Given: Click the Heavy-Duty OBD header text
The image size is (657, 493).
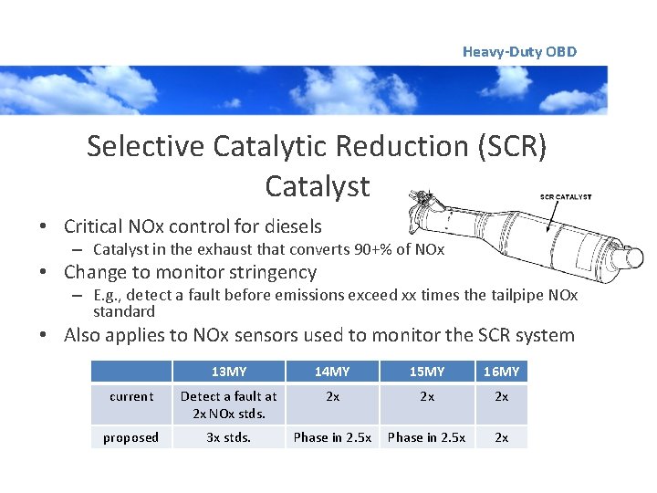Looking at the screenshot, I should point(519,52).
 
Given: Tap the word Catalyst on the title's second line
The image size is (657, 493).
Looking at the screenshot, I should point(317,186).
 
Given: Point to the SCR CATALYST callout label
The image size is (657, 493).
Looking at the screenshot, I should point(565,196).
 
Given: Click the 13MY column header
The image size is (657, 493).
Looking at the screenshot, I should point(228,372).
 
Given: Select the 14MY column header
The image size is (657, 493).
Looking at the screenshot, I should point(332,372).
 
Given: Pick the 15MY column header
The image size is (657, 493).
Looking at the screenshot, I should point(426,372).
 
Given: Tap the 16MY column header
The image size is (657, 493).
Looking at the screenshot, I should point(501,372).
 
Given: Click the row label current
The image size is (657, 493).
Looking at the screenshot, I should point(130,397).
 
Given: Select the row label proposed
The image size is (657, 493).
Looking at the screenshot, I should point(130,437).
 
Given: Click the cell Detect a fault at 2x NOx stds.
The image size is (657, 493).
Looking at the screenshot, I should point(228,404).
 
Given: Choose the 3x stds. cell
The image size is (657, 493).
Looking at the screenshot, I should point(228,437).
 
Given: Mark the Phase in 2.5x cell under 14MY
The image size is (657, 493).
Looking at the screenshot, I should point(332,437).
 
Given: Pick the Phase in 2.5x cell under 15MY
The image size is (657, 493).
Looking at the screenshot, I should point(426,437).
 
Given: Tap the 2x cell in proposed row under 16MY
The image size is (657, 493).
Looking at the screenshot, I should point(501,437).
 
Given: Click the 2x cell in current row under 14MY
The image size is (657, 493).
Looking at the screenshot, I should point(332,397).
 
